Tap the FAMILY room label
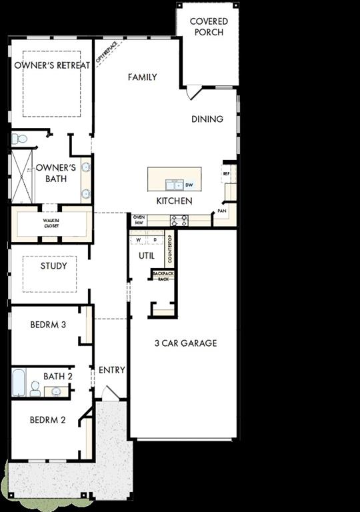click(143, 77)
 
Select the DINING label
click(207, 119)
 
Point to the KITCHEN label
click(175, 201)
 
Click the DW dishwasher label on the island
click(189, 185)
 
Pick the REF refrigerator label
click(227, 173)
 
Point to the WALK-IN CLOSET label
click(51, 223)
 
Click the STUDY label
click(53, 266)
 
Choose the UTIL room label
click(146, 255)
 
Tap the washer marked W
click(139, 239)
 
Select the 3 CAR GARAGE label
click(185, 343)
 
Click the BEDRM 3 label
click(48, 325)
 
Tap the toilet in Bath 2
click(35, 389)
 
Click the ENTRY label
click(111, 370)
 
